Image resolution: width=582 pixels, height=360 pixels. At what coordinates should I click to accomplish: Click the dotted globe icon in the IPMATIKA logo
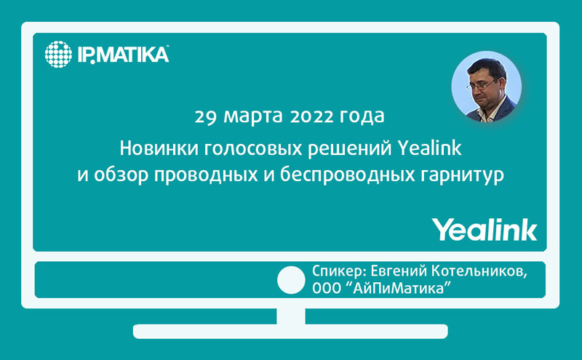pos(59,55)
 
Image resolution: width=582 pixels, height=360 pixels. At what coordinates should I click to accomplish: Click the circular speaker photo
pos(487,87)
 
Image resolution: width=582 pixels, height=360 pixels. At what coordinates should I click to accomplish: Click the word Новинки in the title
pos(151,149)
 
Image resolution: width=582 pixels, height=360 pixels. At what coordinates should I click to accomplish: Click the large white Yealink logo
pos(485,228)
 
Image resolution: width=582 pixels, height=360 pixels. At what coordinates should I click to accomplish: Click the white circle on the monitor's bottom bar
pos(292,280)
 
